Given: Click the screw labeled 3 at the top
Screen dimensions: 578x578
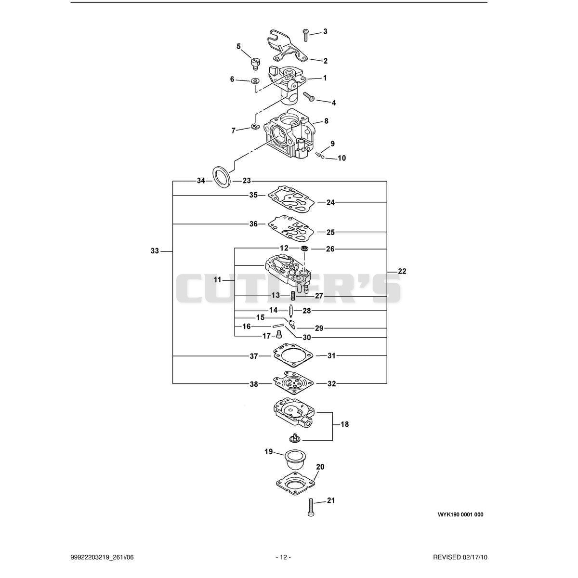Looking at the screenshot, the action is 306,35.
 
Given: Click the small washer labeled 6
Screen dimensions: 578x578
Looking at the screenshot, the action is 256,81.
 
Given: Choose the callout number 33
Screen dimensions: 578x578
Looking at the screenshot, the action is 155,251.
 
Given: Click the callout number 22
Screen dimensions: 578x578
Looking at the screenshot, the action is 402,272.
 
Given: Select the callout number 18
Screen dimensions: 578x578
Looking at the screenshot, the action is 345,424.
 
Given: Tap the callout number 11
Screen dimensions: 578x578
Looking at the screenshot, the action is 217,280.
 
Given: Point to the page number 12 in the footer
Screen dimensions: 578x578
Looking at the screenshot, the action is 283,557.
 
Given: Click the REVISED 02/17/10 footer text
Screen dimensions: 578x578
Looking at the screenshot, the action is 460,557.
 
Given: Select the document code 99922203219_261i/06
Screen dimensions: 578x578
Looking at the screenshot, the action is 102,557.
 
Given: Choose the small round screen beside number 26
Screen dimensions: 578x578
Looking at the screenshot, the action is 305,249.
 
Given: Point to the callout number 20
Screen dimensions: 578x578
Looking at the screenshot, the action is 320,467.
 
